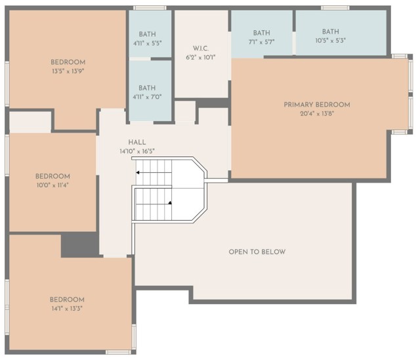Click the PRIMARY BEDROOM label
coord(316,104)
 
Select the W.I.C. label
coord(200,48)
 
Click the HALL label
coord(137,142)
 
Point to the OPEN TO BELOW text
coord(257,252)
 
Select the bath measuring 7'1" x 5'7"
coord(262,37)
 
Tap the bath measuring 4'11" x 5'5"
coord(147,38)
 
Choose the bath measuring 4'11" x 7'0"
coord(147,92)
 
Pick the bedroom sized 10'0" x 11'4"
coord(52,181)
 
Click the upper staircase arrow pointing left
coord(139,173)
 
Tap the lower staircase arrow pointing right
coord(169,203)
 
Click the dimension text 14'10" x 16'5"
coord(137,151)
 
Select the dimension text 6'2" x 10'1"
coord(200,57)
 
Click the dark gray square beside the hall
coord(79,244)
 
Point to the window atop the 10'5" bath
coord(335,8)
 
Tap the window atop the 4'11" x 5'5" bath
coord(150,8)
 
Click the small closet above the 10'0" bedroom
coord(30,122)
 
